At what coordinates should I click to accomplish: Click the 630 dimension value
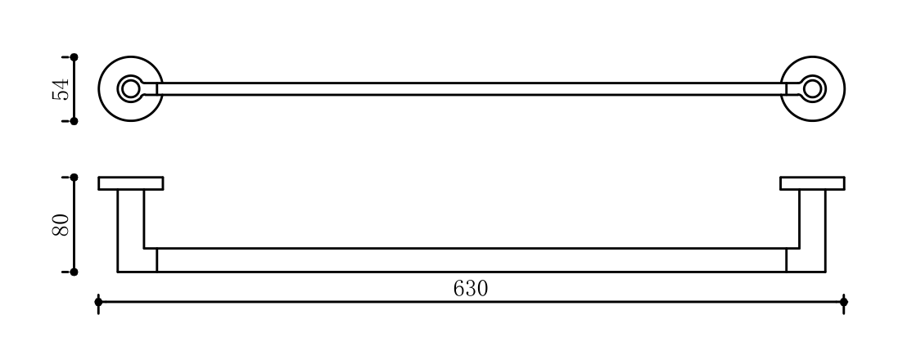[x=470, y=288]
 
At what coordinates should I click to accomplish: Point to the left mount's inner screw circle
[x=129, y=88]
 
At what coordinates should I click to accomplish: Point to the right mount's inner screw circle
[x=812, y=88]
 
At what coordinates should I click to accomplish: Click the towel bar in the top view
[x=471, y=88]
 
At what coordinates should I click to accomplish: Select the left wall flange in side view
[x=131, y=183]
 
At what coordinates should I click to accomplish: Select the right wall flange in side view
[x=812, y=183]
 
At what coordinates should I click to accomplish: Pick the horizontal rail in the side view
[x=471, y=260]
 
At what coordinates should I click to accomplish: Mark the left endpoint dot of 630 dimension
[x=98, y=303]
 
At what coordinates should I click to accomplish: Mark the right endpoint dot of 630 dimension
[x=844, y=303]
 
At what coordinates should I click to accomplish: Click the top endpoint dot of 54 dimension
[x=74, y=57]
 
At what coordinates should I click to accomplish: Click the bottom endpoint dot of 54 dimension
[x=74, y=121]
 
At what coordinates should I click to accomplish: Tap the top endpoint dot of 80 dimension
[x=74, y=177]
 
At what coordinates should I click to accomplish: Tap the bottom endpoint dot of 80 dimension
[x=74, y=272]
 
